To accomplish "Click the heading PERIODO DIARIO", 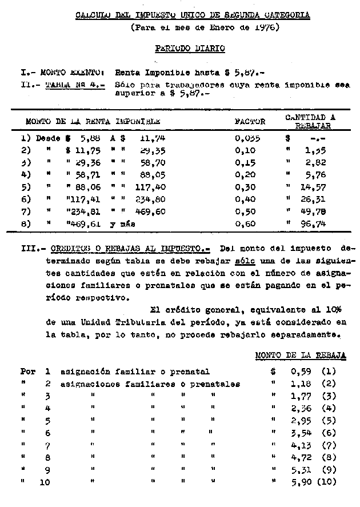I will coord(189,49).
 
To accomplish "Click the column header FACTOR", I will coord(250,122).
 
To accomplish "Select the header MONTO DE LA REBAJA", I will coord(300,355).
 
